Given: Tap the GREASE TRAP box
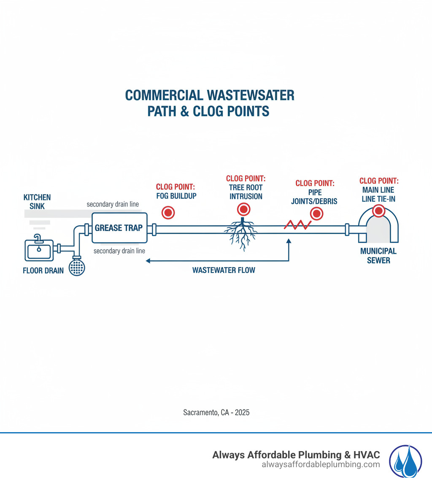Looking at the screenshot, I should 119,228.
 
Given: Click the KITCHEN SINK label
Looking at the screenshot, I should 37,202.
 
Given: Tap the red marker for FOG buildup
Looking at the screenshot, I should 168,212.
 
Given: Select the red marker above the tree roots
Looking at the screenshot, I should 243,208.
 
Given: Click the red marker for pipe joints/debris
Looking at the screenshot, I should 316,214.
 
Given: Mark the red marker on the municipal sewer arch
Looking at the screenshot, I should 379,211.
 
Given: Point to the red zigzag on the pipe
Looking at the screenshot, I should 297,224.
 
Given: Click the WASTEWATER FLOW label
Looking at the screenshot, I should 224,270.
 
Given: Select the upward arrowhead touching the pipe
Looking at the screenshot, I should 289,241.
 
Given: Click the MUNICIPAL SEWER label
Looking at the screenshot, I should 378,256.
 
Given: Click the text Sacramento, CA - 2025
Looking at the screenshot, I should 216,412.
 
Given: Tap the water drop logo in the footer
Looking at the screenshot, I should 405,461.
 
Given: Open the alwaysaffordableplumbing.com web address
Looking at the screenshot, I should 321,465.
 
